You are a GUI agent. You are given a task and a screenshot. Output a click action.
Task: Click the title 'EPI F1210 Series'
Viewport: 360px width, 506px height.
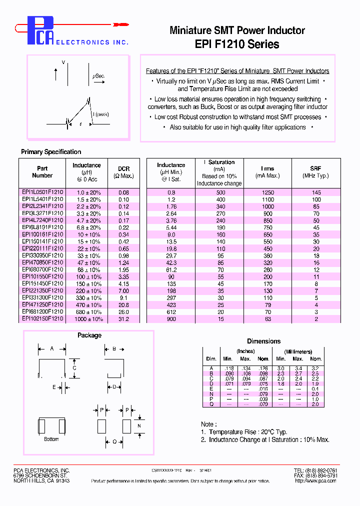coord(237,44)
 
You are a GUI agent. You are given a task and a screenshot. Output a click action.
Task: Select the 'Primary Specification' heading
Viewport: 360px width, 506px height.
coord(51,152)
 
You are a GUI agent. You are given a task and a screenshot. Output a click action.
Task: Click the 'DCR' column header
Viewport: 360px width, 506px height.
coord(123,169)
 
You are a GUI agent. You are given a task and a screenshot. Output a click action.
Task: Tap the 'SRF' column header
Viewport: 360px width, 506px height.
coord(315,169)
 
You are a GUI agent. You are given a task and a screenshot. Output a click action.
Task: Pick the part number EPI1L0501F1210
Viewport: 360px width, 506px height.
coord(42,192)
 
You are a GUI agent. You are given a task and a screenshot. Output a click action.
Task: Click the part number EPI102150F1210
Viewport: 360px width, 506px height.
coord(42,318)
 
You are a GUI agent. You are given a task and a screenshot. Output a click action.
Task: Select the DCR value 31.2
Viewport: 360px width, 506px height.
coord(123,318)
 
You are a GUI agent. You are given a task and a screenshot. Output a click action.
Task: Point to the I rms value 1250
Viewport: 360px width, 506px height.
coord(268,192)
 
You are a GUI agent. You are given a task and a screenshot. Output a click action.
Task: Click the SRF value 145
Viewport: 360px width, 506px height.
coord(316,192)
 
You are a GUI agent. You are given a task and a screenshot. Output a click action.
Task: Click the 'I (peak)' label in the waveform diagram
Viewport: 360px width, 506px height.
coord(101,114)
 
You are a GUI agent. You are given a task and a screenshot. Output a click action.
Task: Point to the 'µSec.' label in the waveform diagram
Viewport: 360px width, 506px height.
coord(98,75)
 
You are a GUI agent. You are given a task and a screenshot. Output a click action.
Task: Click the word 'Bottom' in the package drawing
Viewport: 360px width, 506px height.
coord(51,439)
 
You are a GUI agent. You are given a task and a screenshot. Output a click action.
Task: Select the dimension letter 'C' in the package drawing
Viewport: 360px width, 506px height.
coord(74,368)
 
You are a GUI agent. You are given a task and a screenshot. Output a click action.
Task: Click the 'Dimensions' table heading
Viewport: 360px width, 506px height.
coord(263,341)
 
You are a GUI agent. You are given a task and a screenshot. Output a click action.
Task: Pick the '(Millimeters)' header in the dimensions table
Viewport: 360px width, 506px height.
coord(298,351)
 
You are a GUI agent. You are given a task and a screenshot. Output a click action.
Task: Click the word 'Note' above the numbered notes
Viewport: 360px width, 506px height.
coord(207,424)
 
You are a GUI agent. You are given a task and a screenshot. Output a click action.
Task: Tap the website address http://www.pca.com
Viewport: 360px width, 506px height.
coord(316,481)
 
